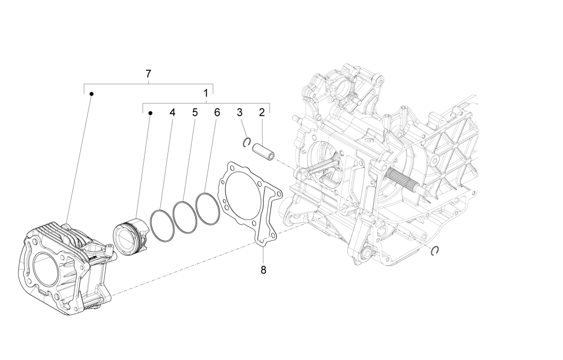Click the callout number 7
coord(148,74)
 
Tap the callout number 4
coord(172,112)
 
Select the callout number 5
coord(195,112)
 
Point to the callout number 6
coord(217,112)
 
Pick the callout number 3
coord(239,112)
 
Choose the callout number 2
coord(262,112)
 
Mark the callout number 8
coord(263,269)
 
